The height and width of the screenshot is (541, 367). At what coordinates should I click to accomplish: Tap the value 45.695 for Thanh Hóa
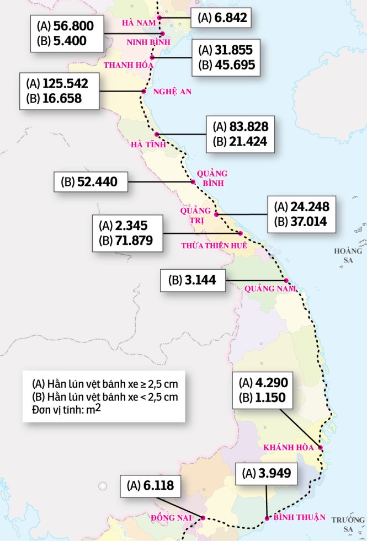click(236, 65)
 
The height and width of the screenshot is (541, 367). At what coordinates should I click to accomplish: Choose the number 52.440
click(98, 181)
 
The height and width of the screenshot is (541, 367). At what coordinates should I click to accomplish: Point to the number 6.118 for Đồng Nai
click(155, 485)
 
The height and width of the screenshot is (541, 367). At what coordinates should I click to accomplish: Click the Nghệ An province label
click(172, 92)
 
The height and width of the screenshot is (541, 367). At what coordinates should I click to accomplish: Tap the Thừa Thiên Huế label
click(214, 245)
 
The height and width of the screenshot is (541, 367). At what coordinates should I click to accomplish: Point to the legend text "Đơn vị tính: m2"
click(66, 408)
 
